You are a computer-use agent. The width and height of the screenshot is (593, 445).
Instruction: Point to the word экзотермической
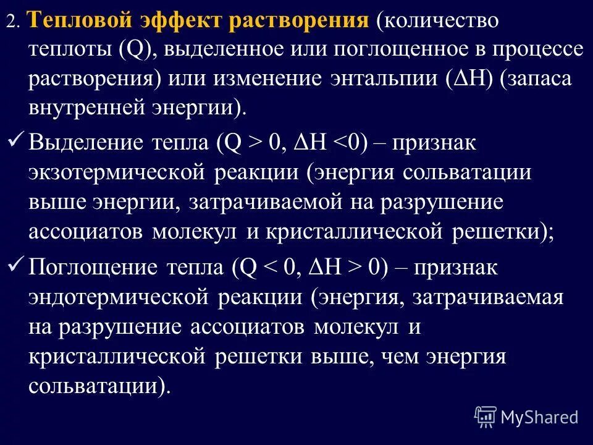click(x=118, y=172)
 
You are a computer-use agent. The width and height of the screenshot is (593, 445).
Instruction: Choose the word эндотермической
click(x=118, y=298)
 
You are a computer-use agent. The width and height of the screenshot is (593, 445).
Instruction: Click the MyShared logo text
click(x=539, y=417)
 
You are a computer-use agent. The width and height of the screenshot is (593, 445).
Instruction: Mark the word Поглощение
click(x=93, y=268)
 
